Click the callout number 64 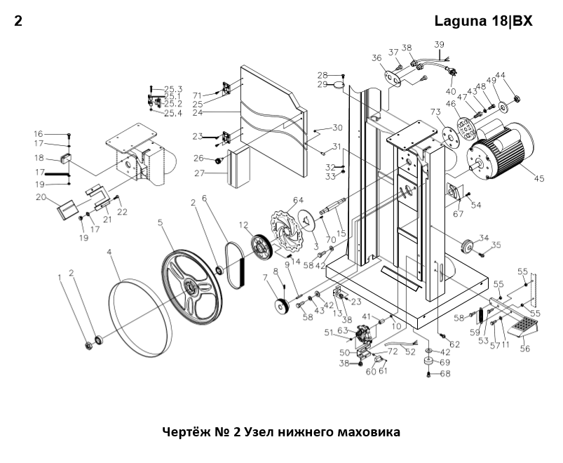point(298,201)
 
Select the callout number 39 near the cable point(440,45)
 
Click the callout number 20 point(40,197)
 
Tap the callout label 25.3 point(173,89)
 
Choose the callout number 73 point(435,113)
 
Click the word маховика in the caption point(368,432)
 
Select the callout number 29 point(323,84)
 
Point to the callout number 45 point(538,179)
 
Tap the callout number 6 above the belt point(205,199)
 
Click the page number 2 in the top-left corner point(18,21)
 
